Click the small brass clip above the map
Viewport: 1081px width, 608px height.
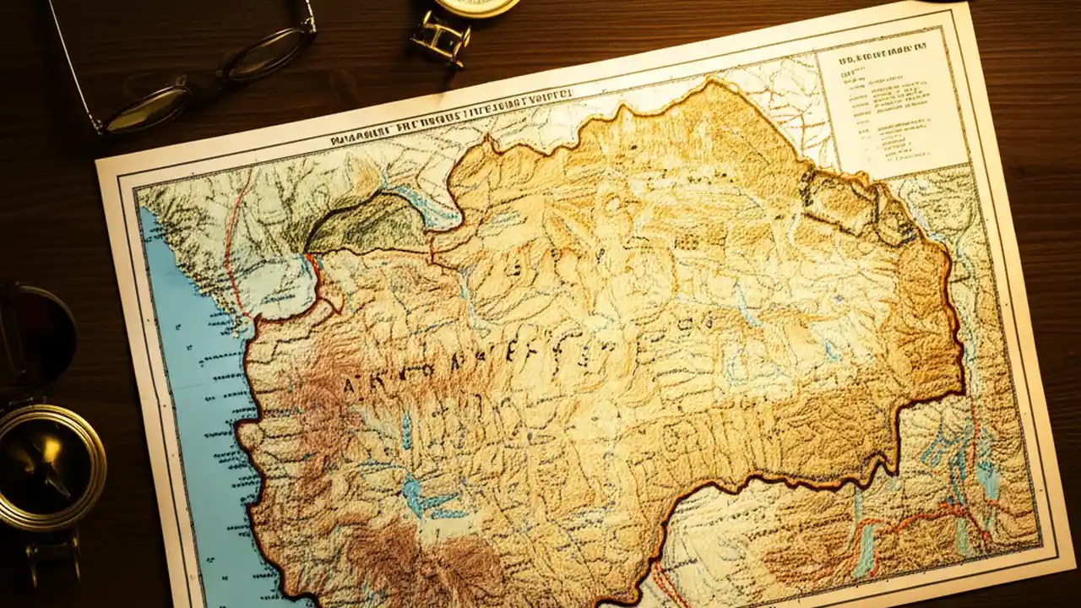440,38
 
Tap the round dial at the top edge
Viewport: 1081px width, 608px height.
476,7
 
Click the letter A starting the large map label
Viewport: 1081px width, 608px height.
350,385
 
